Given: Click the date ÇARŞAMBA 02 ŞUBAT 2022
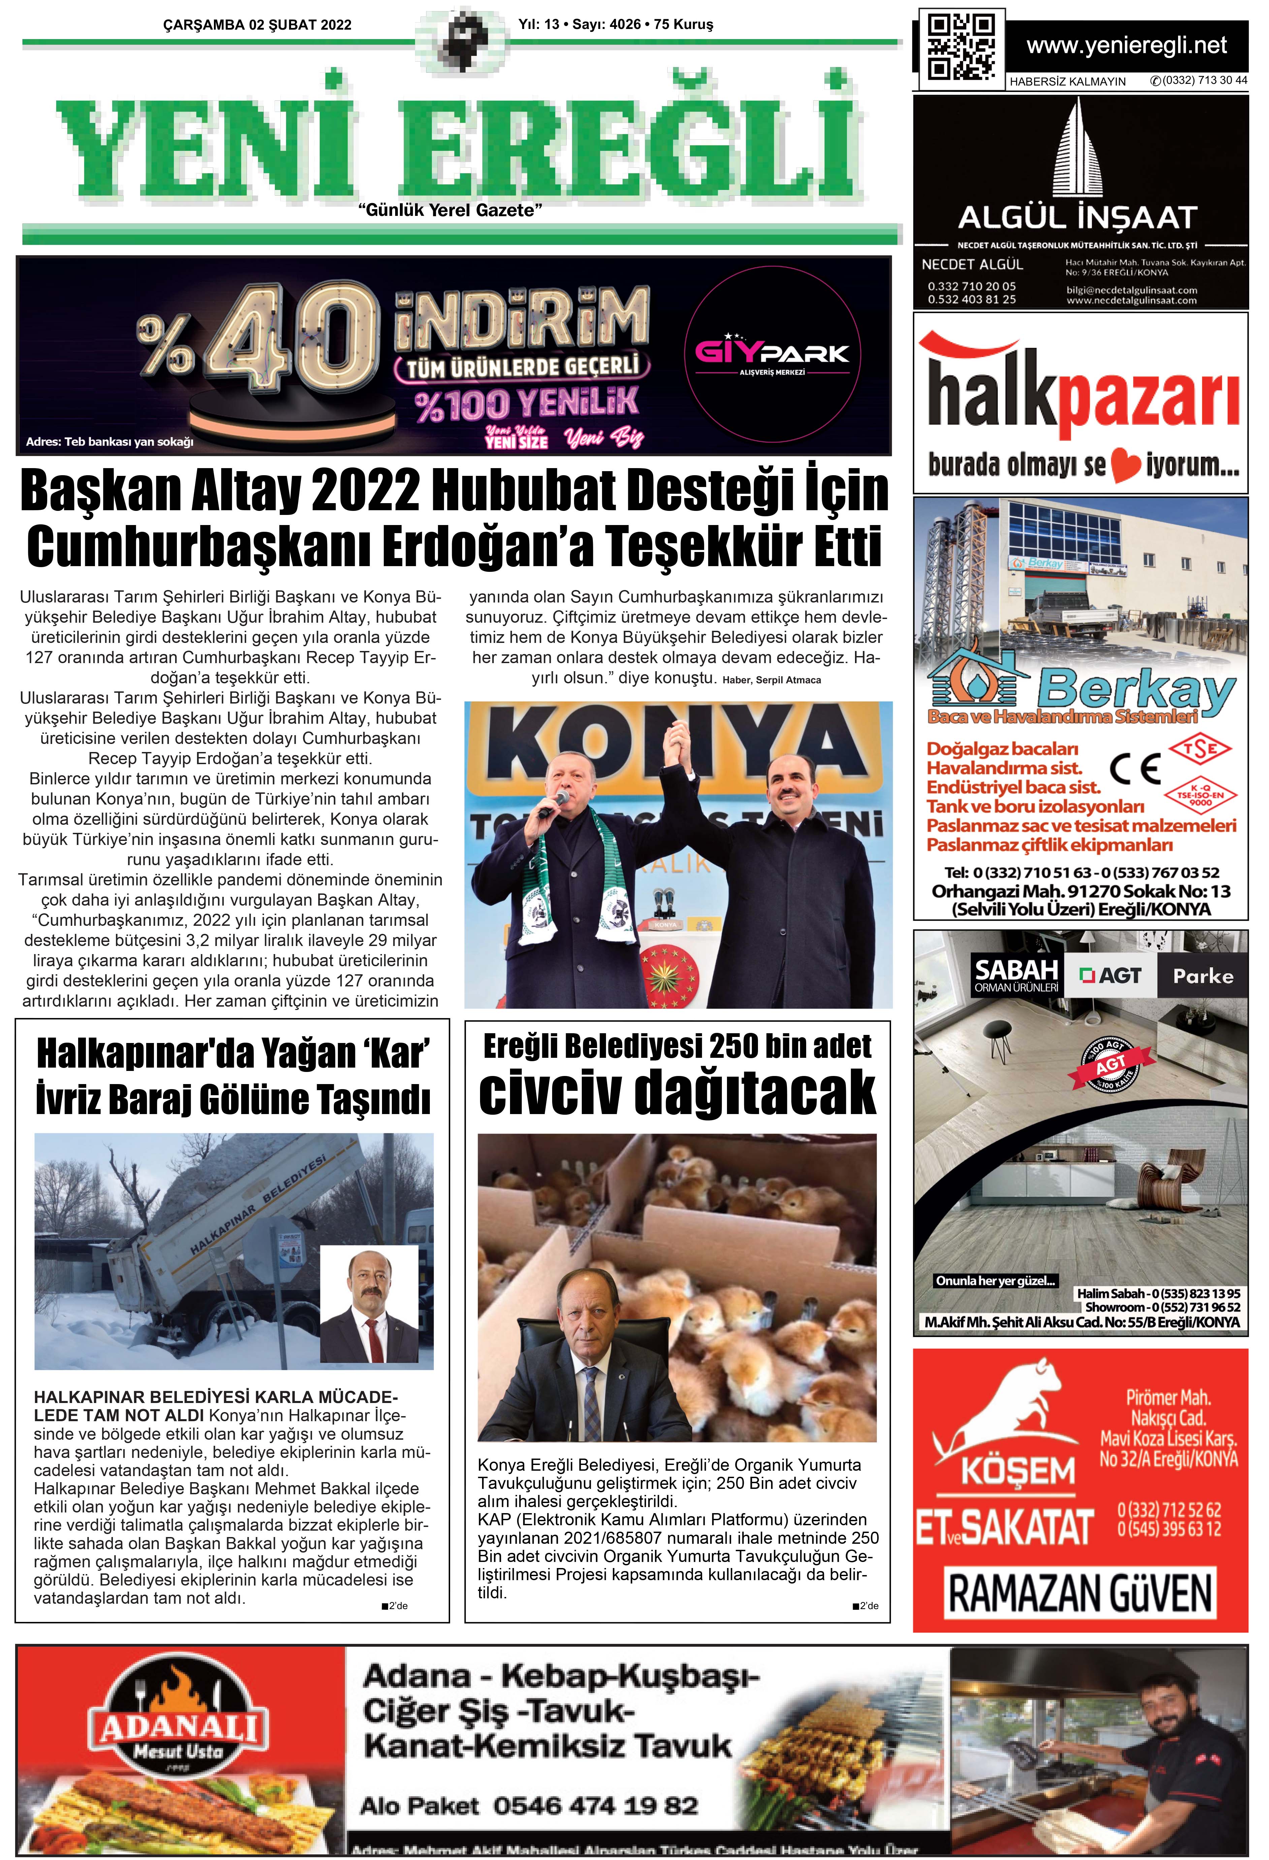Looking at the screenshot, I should coord(257,25).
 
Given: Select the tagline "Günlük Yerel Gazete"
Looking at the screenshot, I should coord(451,210).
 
